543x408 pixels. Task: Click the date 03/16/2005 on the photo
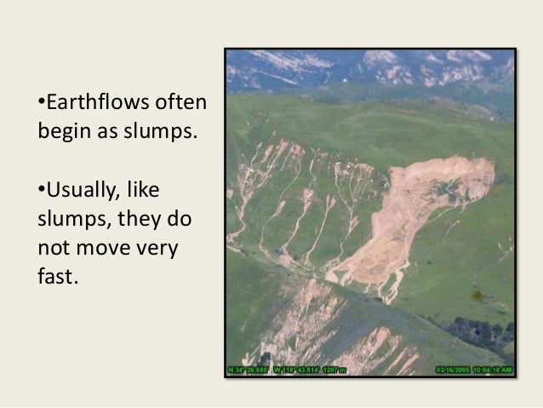pyautogui.click(x=453, y=370)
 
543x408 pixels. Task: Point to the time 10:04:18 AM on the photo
pyautogui.click(x=494, y=370)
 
